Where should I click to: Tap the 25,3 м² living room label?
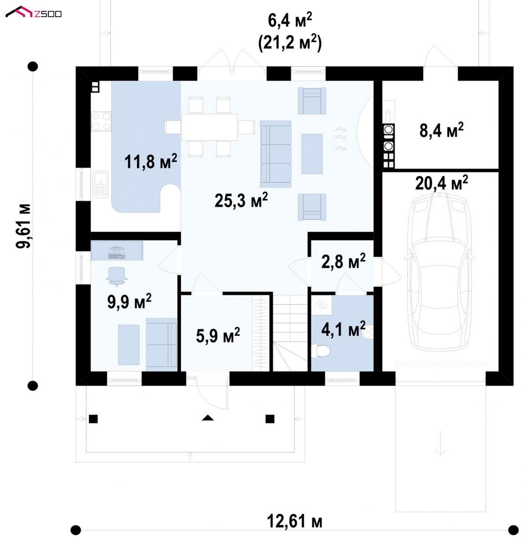(x=241, y=200)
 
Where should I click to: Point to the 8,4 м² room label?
(x=441, y=130)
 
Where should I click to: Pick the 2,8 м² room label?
(x=343, y=261)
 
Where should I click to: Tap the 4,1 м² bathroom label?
(x=343, y=329)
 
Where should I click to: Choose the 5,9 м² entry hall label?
(x=218, y=335)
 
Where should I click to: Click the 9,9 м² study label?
(x=129, y=301)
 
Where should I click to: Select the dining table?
(x=209, y=127)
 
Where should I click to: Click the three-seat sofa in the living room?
(x=275, y=154)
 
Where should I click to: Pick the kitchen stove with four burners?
(x=101, y=121)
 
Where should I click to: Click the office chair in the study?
(x=116, y=276)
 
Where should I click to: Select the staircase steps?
(x=290, y=333)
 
